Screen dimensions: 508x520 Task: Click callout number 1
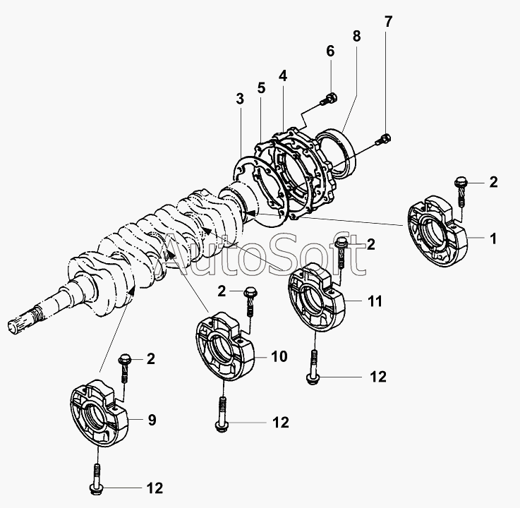pos(493,238)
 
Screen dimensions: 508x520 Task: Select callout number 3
pos(240,99)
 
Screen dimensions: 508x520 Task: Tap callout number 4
pos(282,75)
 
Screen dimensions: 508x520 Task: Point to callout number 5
pos(260,88)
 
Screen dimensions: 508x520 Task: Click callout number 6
pos(329,51)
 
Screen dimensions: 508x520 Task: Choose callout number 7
pos(387,20)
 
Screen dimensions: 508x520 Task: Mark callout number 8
pos(356,35)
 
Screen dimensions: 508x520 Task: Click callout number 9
pos(151,421)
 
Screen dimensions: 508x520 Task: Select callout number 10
pos(279,357)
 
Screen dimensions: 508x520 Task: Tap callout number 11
pos(375,301)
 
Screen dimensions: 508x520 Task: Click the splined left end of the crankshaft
pos(21,324)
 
